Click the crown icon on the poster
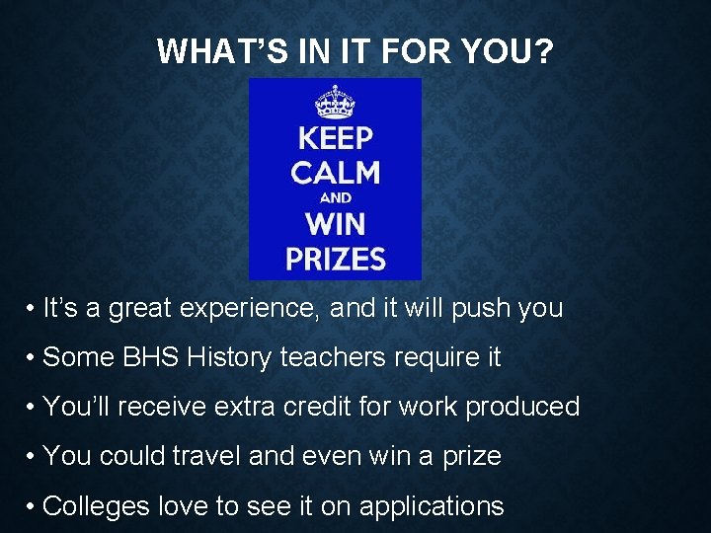(x=335, y=102)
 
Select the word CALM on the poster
(x=335, y=173)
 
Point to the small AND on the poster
(x=336, y=198)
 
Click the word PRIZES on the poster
(x=335, y=259)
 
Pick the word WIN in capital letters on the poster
(x=335, y=223)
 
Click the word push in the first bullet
(x=469, y=309)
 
